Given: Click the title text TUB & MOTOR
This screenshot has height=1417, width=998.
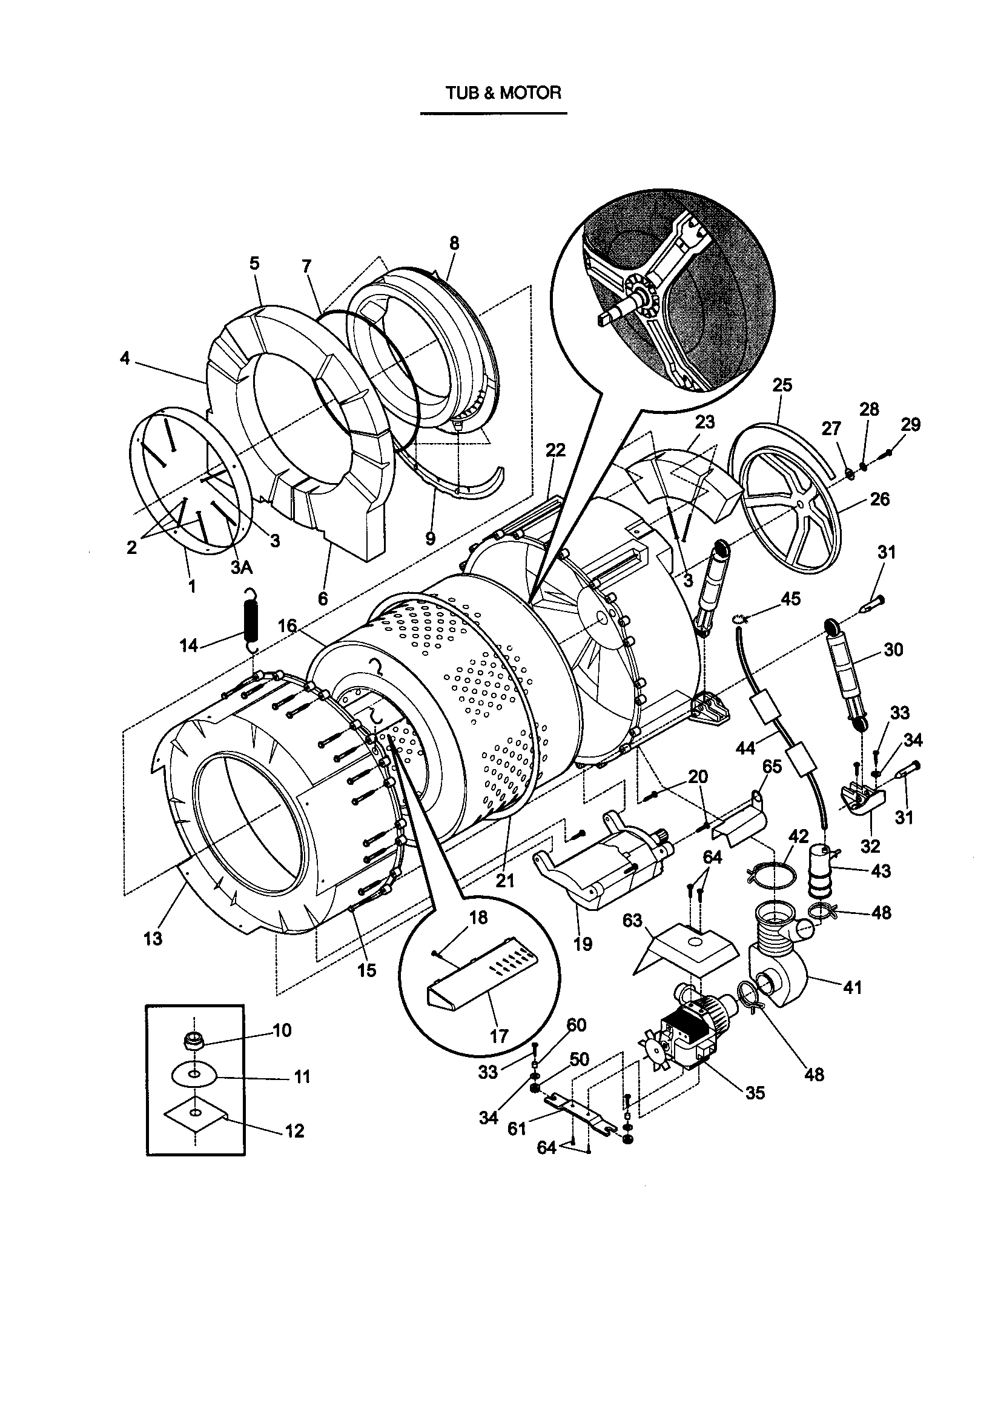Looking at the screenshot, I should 503,93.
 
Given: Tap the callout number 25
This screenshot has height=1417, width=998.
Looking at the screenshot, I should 782,385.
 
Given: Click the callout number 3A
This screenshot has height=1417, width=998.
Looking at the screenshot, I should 242,567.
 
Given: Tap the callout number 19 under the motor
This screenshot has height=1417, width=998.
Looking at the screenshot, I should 583,944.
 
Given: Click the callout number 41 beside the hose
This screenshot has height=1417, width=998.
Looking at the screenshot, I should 852,987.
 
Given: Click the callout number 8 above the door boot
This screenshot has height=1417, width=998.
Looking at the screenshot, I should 454,243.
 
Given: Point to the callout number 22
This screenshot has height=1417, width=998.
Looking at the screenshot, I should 555,450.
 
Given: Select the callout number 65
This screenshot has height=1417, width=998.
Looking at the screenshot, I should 772,767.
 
